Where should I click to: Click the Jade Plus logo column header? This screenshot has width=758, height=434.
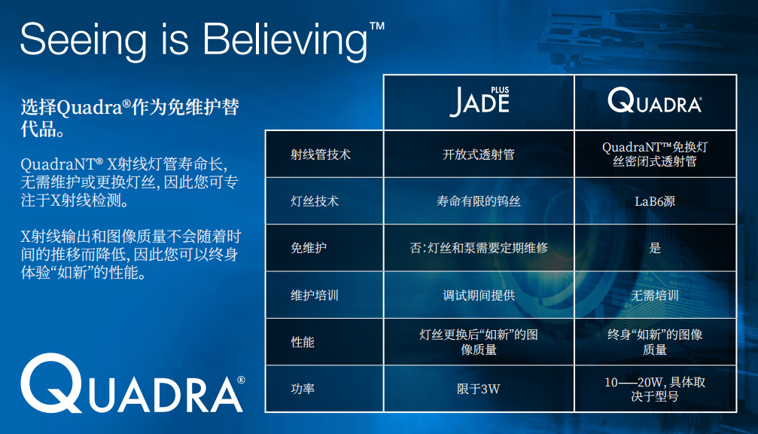tap(479, 102)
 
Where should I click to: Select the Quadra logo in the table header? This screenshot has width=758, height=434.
tap(655, 100)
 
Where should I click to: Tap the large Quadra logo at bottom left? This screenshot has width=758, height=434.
tap(132, 384)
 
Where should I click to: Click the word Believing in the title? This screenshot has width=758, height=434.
tap(285, 41)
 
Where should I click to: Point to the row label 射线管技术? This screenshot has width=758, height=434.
tap(321, 154)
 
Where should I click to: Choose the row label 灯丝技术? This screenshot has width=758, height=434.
tap(315, 200)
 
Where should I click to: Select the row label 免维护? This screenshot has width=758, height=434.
tap(309, 248)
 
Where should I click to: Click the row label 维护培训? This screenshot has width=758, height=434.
tap(315, 295)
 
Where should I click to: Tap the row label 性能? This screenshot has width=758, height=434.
tap(303, 342)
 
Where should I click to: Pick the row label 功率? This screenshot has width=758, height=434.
tap(303, 389)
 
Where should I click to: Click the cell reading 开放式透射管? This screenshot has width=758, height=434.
tap(479, 154)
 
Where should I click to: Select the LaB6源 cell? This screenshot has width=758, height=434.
tap(655, 201)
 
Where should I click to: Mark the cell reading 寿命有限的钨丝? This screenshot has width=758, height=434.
tap(479, 200)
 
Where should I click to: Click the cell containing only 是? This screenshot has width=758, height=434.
tap(655, 248)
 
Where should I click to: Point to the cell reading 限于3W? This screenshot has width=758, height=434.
tap(479, 389)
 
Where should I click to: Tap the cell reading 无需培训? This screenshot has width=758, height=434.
tap(655, 295)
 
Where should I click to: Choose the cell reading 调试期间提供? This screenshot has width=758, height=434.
tap(479, 295)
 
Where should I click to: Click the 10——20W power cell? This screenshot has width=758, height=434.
tap(655, 389)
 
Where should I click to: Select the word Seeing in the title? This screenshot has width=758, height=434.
tap(83, 41)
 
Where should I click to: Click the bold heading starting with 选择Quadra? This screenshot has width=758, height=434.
tap(129, 118)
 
